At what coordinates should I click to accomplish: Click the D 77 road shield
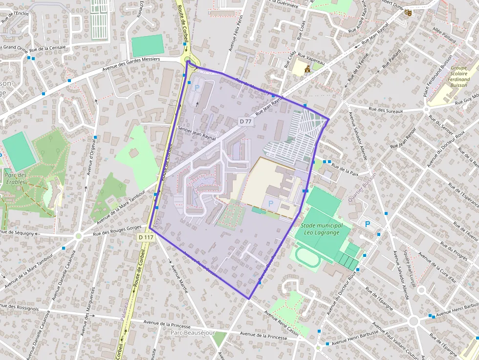tap(245, 121)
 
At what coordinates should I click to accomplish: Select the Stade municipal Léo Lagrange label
tap(321, 229)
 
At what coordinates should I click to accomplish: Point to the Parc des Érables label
tap(16, 178)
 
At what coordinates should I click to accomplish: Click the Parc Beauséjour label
tap(193, 333)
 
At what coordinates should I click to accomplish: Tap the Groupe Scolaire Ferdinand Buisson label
tap(459, 77)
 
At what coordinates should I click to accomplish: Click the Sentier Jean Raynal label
tap(196, 129)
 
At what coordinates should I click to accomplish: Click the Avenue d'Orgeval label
tap(90, 156)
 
